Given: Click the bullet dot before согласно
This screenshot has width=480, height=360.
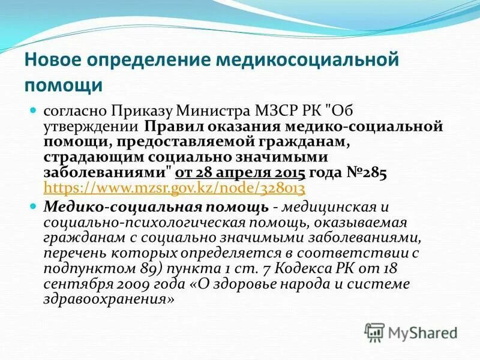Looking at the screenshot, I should pos(34,111).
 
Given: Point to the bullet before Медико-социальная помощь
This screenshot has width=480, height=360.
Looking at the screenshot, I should pos(34,206).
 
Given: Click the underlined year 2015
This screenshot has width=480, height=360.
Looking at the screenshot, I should pos(289,173).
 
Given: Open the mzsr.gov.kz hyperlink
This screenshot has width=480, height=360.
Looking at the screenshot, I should pos(175,188).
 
